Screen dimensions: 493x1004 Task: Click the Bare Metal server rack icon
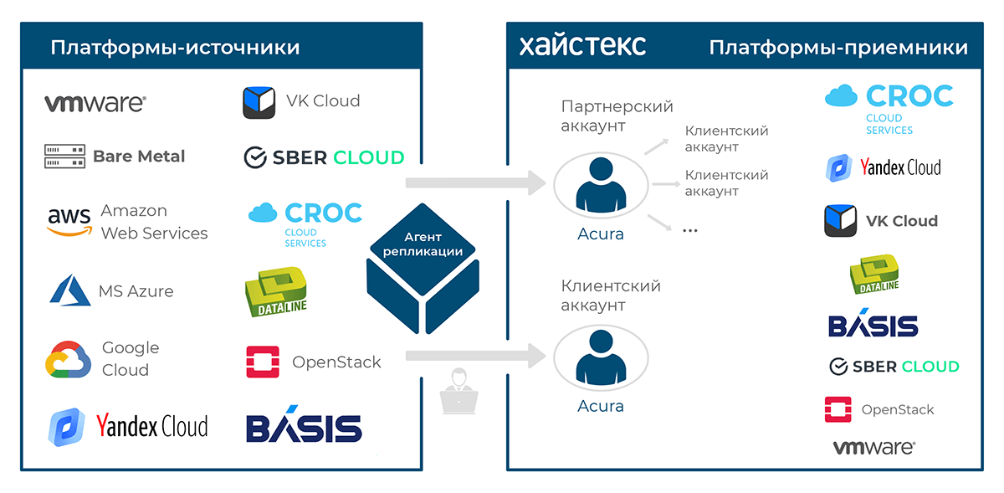[x=64, y=156]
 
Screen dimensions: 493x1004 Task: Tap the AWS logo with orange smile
[x=69, y=222]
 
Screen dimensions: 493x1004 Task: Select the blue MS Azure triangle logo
[x=69, y=291]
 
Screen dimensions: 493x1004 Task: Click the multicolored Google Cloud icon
[x=68, y=359]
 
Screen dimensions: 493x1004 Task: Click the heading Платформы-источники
[x=175, y=47]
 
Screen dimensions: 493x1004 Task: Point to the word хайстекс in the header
[x=582, y=45]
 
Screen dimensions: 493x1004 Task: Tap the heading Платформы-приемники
[x=838, y=48]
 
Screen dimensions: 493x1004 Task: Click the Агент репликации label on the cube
[x=422, y=244]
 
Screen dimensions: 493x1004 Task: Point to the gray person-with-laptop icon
[x=458, y=390]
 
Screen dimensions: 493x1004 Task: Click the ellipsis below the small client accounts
[x=689, y=230]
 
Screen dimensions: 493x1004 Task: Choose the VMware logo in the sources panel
[x=95, y=103]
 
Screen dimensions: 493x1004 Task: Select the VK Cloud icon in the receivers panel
[x=840, y=221]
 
